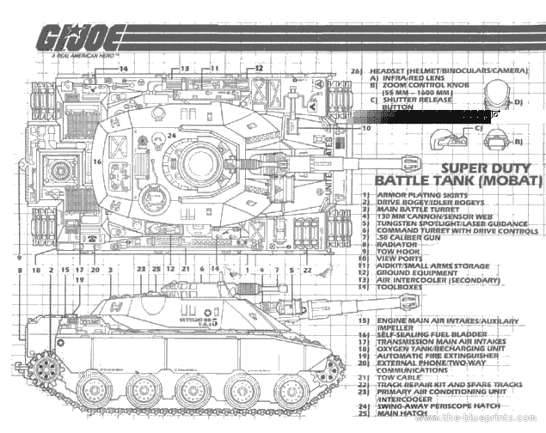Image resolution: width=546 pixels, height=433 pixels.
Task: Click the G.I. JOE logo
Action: [x=76, y=40]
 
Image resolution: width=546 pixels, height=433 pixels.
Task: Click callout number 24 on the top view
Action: [x=172, y=135]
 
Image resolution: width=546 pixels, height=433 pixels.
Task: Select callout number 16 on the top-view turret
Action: [x=98, y=161]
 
